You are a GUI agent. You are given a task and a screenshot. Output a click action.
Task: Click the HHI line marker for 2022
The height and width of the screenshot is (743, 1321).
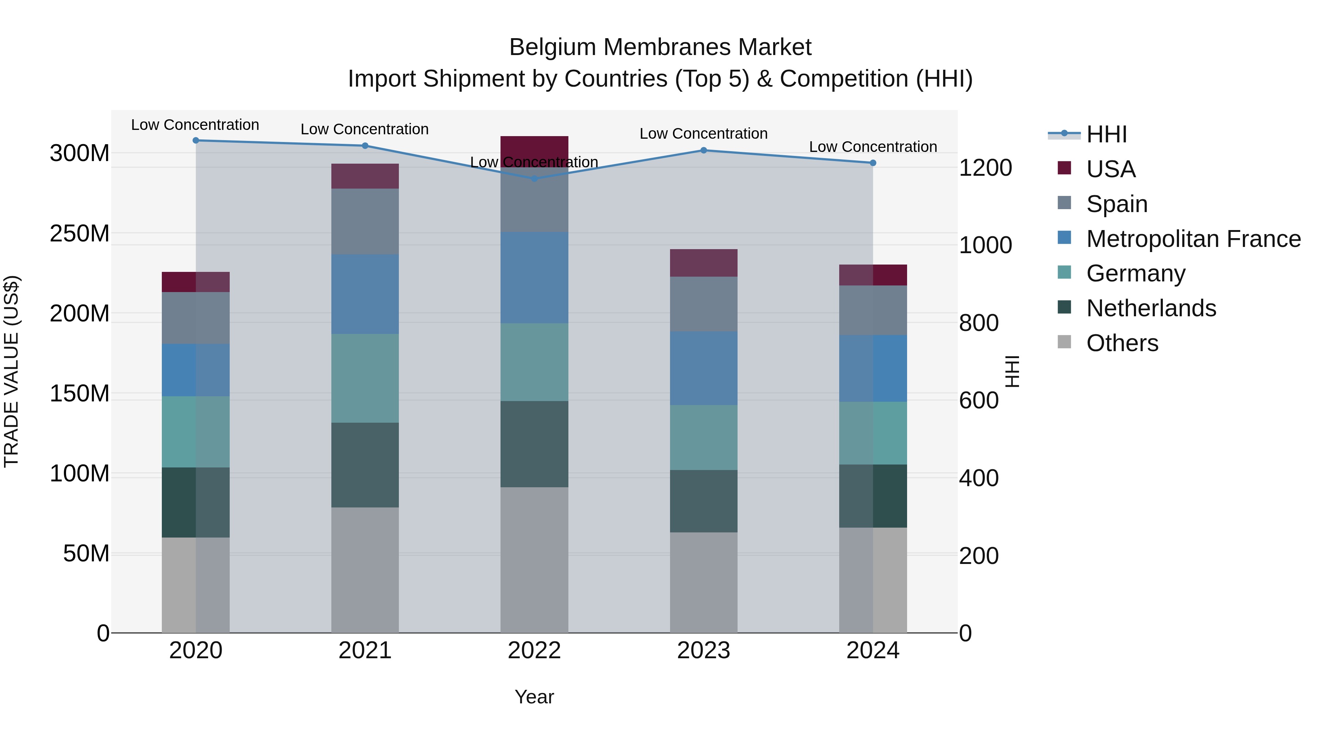coord(534,178)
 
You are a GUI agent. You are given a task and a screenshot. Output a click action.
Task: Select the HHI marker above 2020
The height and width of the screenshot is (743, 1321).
coord(195,140)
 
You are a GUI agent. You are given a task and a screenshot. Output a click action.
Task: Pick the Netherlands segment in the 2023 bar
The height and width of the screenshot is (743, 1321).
coord(703,501)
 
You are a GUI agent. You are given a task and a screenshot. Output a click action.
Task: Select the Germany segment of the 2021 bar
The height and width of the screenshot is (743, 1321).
coord(365,378)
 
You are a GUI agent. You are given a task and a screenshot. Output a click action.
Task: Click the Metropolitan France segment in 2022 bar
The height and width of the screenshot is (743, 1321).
coord(534,277)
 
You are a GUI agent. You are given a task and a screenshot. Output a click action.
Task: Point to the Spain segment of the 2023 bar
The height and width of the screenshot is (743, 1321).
coord(703,304)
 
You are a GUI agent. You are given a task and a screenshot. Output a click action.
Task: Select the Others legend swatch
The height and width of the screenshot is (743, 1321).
coord(1064,342)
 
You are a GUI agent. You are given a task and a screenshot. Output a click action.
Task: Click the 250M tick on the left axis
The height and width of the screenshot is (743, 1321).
coord(80,233)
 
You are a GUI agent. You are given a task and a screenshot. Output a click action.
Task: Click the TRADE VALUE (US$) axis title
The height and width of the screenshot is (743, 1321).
coord(11,371)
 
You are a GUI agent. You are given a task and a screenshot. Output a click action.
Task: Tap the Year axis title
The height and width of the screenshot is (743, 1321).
coord(534,697)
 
